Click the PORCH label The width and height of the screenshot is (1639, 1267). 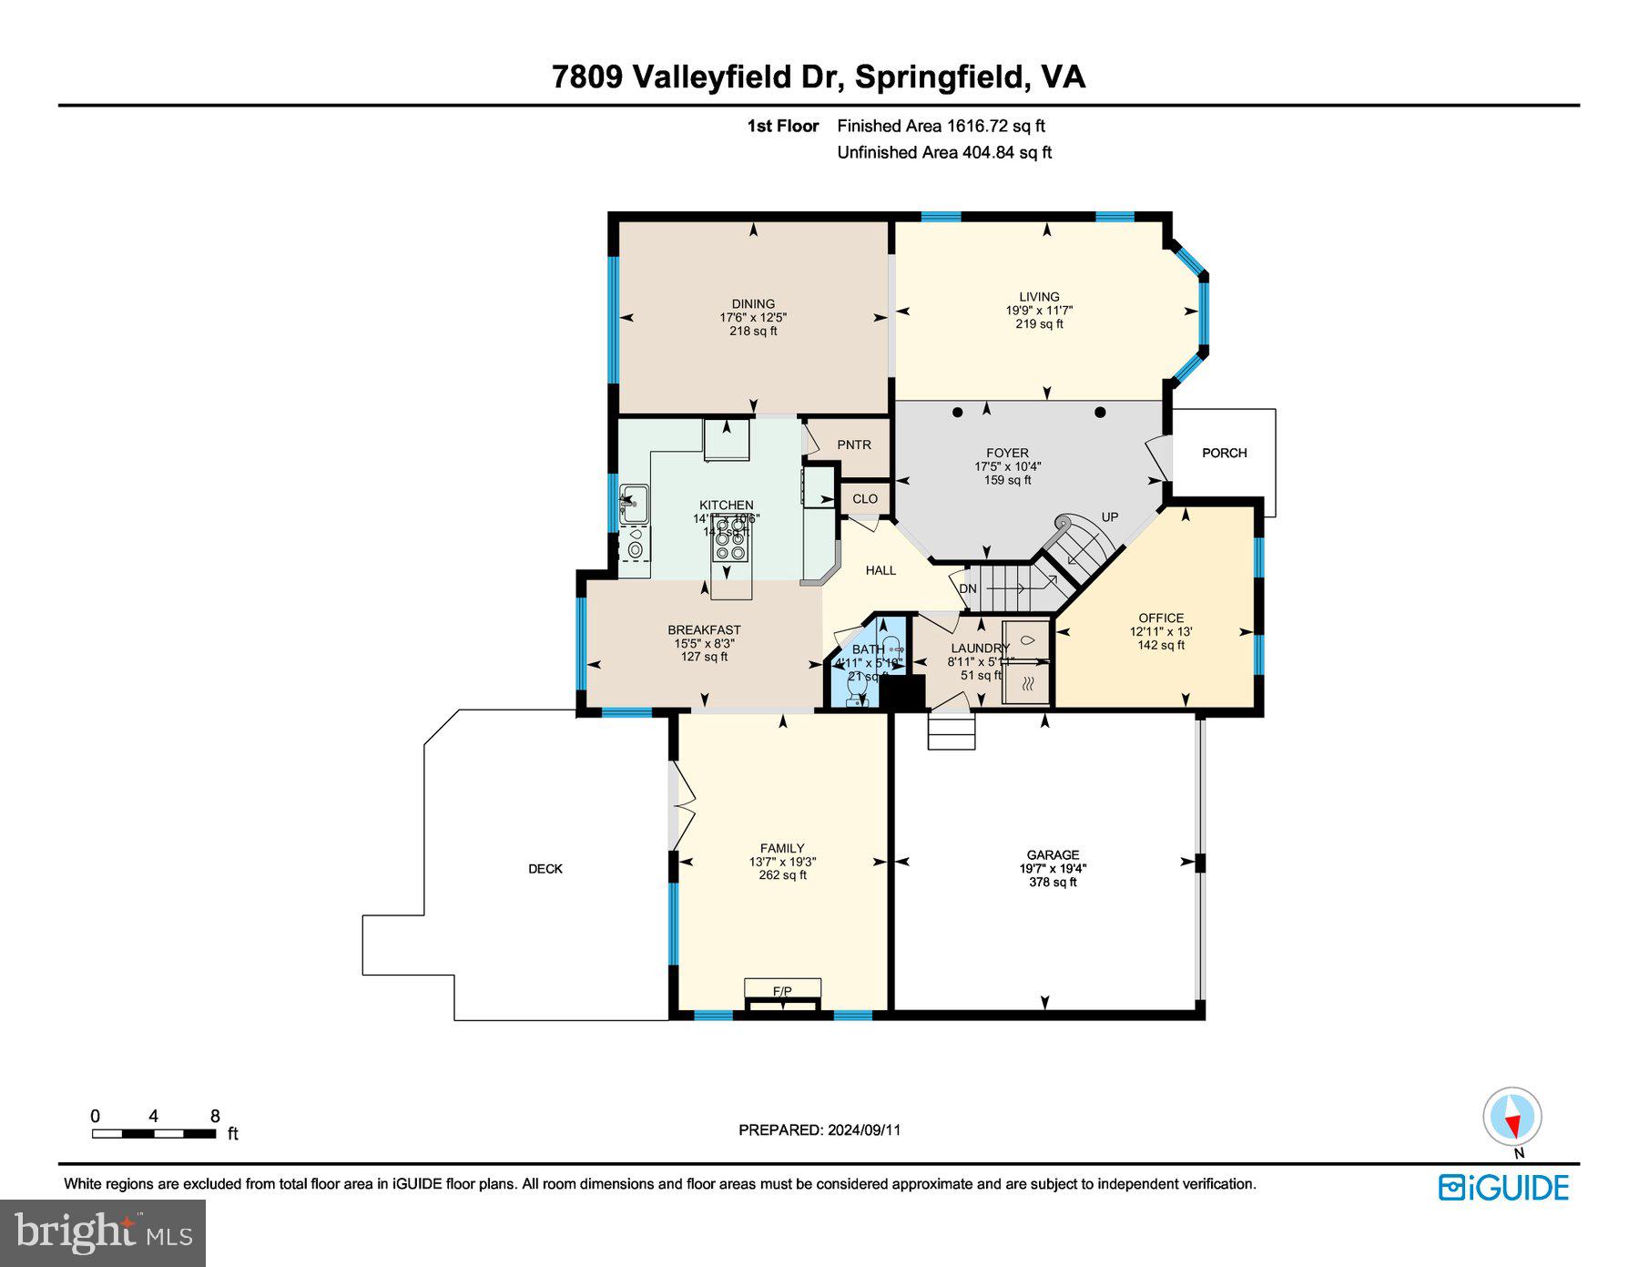[1224, 453]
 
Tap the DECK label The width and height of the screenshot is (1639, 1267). [545, 869]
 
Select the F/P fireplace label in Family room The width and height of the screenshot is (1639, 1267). [782, 991]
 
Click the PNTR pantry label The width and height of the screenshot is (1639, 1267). [854, 444]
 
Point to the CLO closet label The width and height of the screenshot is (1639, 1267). [865, 498]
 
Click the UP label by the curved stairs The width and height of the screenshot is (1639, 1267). [1110, 516]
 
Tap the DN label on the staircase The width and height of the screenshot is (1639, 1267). [968, 588]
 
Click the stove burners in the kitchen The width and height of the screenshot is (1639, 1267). [729, 544]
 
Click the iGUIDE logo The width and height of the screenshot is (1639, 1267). [1503, 1188]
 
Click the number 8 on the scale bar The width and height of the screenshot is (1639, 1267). [215, 1117]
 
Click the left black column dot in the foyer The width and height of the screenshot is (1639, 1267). [957, 413]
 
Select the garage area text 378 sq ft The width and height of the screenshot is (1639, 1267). [1053, 882]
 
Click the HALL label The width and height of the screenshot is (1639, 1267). [881, 570]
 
